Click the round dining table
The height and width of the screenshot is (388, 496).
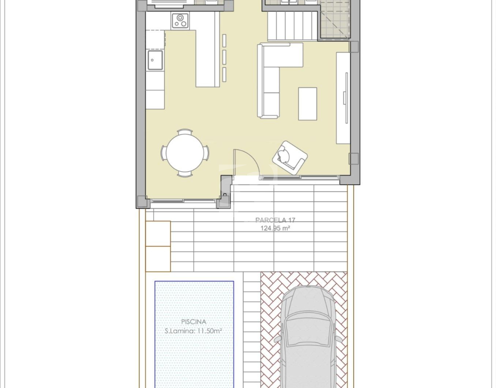click(185, 153)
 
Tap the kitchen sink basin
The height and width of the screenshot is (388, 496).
click(155, 60)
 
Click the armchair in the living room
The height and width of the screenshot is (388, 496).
click(290, 158)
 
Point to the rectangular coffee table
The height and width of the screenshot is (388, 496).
click(308, 104)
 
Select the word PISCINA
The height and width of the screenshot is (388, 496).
click(194, 322)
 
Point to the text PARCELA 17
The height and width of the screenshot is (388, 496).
click(275, 220)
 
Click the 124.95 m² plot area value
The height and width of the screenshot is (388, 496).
click(275, 228)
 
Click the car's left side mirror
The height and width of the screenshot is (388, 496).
click(278, 339)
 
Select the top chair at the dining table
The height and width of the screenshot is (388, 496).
click(185, 131)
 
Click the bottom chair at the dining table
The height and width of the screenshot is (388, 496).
click(185, 174)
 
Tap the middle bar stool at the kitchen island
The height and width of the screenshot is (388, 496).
click(224, 57)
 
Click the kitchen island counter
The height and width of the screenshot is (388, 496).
click(207, 58)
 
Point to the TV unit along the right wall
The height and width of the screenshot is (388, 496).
click(343, 98)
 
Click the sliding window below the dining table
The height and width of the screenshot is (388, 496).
click(184, 200)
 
